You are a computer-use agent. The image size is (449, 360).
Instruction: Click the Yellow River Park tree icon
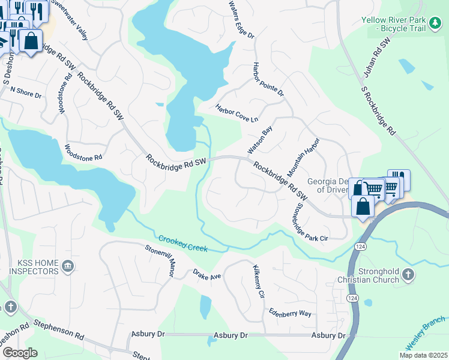tap(435, 25)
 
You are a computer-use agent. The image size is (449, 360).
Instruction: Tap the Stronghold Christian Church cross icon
tap(408, 275)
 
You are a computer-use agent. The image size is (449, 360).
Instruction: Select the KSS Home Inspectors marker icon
tap(68, 266)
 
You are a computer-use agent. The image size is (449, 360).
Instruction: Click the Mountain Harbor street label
tap(304, 157)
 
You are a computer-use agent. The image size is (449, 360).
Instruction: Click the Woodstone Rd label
tap(83, 152)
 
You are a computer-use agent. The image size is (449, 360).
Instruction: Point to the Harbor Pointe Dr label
tap(268, 80)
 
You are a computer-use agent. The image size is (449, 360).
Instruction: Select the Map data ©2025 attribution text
tap(423, 355)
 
